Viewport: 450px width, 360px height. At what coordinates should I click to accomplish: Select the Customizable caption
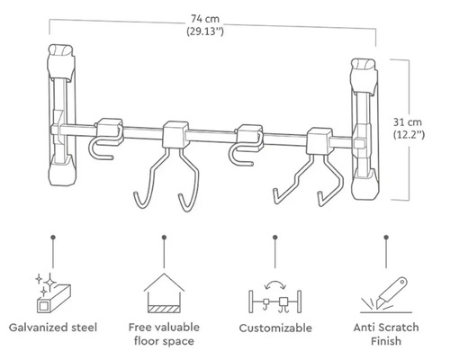coord(274,328)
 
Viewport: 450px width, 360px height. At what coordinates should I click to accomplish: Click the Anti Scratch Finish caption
coord(386,335)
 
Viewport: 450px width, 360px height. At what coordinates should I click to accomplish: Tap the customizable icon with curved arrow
coord(274,290)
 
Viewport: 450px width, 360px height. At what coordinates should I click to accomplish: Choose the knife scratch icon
coord(387,290)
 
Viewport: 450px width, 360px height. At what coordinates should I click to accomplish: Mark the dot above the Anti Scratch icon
coord(387,238)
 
